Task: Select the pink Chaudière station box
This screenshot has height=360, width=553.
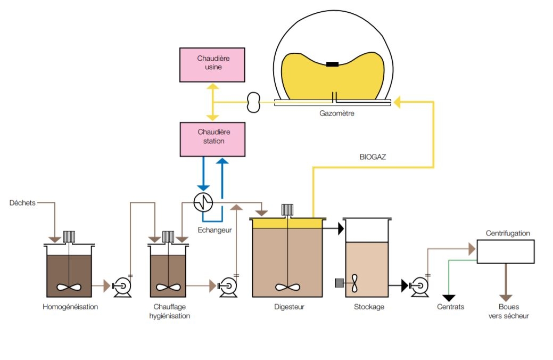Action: (213, 139)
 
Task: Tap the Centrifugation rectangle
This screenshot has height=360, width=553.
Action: (505, 251)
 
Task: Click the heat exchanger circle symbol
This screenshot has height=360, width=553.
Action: (203, 201)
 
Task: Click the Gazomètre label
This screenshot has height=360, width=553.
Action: (336, 113)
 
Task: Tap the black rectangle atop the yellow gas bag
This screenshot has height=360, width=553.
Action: (332, 64)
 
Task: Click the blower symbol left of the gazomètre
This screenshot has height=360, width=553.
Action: (254, 101)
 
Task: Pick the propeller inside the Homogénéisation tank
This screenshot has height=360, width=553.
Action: (70, 287)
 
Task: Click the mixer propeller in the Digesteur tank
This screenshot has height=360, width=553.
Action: (287, 287)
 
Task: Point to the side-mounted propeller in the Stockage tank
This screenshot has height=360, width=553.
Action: (355, 283)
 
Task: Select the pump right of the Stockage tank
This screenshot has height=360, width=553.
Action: (419, 287)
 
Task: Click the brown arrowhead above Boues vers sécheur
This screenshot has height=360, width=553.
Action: (506, 297)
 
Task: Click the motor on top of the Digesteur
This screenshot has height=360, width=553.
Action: (287, 209)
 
